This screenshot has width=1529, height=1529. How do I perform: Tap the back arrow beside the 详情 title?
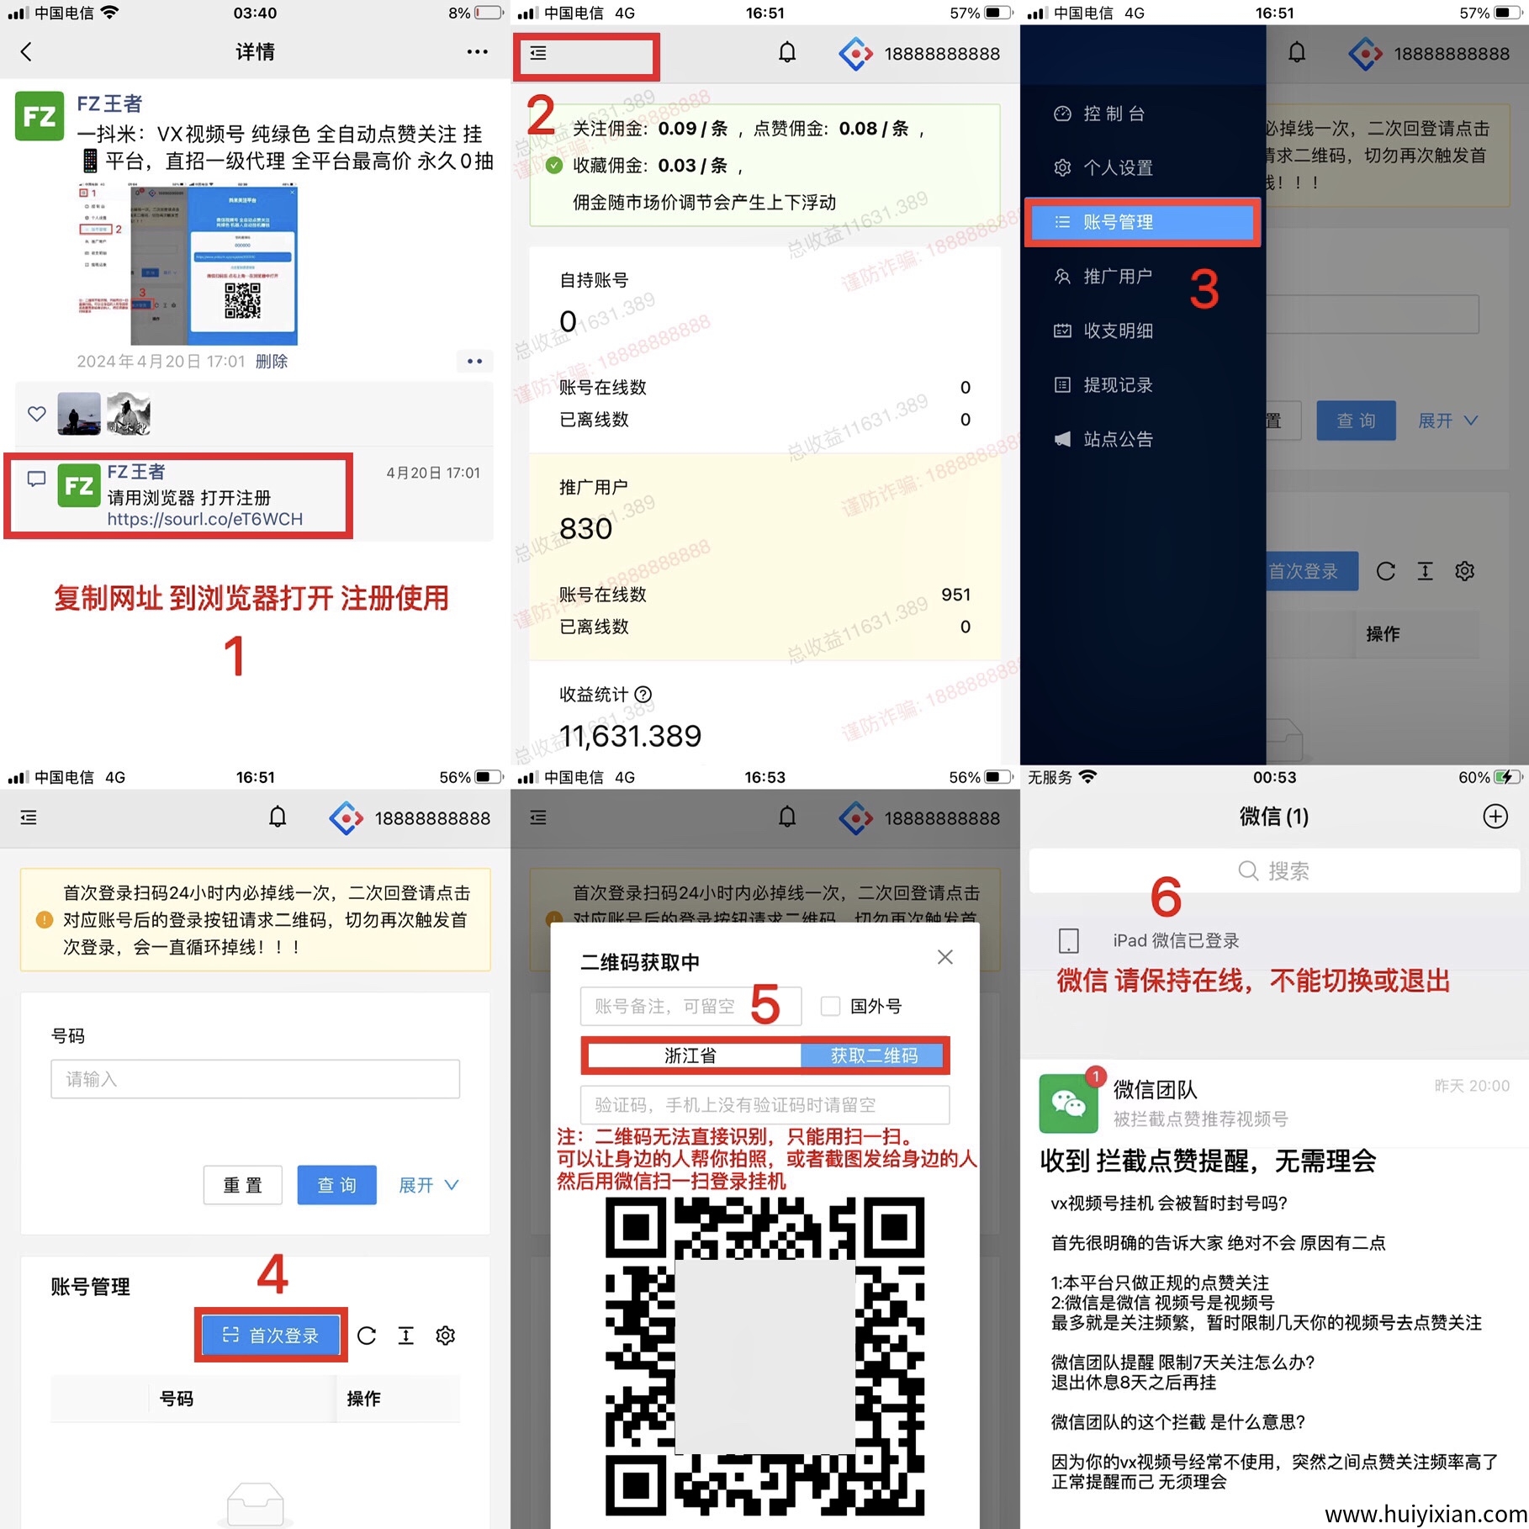[26, 52]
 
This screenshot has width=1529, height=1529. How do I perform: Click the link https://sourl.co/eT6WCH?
[204, 519]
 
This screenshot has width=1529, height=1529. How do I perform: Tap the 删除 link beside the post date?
[271, 362]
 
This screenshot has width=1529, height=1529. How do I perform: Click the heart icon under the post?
[37, 414]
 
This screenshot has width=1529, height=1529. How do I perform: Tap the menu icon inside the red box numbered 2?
[538, 54]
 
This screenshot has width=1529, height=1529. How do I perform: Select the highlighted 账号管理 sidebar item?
[1141, 222]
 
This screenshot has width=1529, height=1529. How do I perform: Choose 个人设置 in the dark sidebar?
[1117, 167]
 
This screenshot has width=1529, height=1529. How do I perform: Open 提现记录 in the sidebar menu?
[1117, 385]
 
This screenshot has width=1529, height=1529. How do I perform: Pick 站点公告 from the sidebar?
[1117, 439]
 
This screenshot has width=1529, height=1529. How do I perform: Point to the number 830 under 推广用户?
[586, 529]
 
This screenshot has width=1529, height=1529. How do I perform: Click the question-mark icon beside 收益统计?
[643, 695]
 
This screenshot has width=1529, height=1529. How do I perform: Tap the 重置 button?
[242, 1185]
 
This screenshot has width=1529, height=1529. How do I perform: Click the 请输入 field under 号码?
[255, 1079]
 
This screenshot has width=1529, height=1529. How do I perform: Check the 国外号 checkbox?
[830, 1006]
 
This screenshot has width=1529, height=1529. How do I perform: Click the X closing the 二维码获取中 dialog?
[944, 957]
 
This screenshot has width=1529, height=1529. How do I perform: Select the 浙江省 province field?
[691, 1055]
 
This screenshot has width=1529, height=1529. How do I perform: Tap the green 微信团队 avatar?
[1068, 1103]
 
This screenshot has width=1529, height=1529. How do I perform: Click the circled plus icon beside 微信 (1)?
[1495, 817]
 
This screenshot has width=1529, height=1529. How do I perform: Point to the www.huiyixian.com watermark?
[1426, 1514]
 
